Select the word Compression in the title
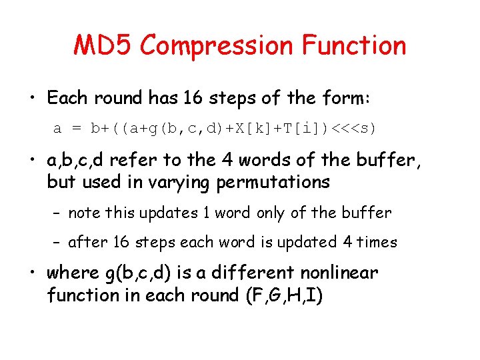point(217,45)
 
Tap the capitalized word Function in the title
point(354,45)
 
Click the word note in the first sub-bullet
point(83,213)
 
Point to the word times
point(376,242)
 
